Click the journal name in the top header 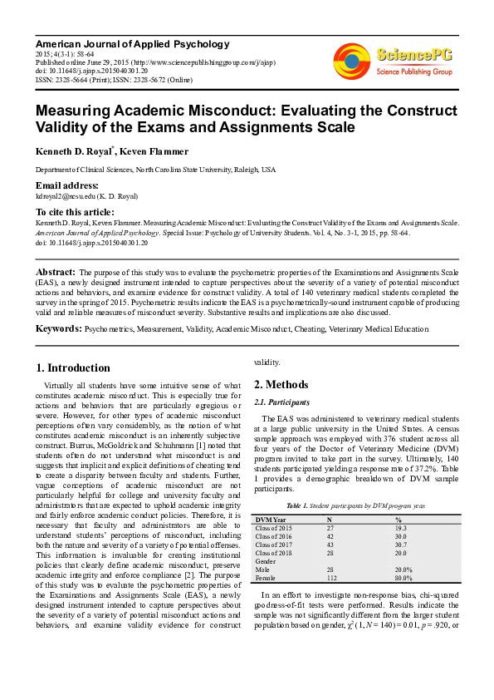pyautogui.click(x=132, y=43)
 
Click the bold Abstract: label pyautogui.click(x=56, y=272)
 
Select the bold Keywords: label pyautogui.click(x=58, y=329)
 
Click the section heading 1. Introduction pyautogui.click(x=73, y=368)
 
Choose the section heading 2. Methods pyautogui.click(x=281, y=384)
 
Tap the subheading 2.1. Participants pyautogui.click(x=281, y=402)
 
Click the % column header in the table pyautogui.click(x=399, y=520)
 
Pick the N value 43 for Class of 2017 pyautogui.click(x=330, y=545)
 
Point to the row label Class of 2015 pyautogui.click(x=274, y=528)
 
